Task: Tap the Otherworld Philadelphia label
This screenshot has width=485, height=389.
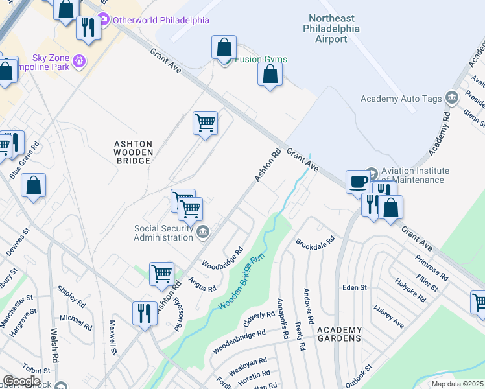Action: [161, 20]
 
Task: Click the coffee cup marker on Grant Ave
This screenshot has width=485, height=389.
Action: [357, 181]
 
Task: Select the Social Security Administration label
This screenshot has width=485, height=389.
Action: [163, 232]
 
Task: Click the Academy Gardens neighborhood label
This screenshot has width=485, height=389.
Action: [339, 334]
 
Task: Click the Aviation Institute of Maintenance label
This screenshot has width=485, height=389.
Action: [412, 175]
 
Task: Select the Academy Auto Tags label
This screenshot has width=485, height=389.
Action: [401, 99]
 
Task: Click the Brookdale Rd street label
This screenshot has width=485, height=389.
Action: [314, 242]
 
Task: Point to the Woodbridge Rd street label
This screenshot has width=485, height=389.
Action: [222, 257]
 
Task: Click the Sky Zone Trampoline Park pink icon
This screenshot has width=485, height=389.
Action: [80, 61]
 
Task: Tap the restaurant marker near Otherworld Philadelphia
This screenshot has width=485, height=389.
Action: [87, 27]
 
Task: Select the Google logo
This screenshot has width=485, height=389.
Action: [21, 381]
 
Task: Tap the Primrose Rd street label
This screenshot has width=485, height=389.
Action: [431, 267]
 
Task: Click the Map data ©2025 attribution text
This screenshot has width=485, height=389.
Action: [457, 384]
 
